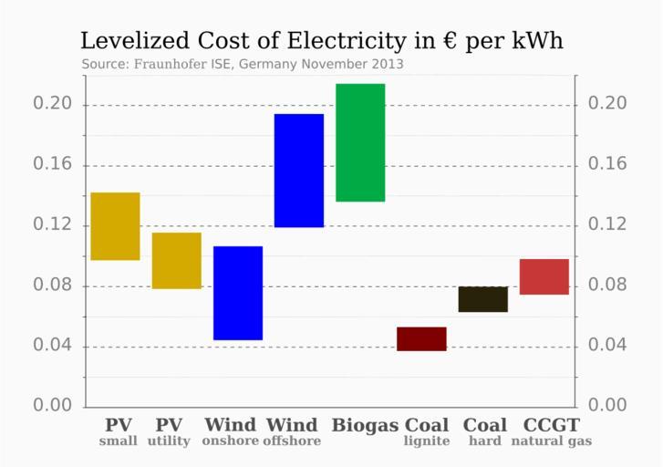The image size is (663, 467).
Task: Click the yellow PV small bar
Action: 115,226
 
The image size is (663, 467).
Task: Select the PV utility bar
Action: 176,261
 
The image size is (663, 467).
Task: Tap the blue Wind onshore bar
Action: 238,293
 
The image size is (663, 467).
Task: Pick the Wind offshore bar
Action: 299,171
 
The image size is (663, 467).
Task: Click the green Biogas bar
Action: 360,142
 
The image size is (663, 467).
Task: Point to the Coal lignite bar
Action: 421,338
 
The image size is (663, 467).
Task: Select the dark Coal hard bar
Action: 482,299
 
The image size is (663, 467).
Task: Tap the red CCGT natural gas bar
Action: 544,276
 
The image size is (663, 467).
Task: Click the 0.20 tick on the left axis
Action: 53,104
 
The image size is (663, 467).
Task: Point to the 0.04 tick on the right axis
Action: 607,346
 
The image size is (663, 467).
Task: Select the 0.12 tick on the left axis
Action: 53,225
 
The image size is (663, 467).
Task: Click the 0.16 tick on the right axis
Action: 607,164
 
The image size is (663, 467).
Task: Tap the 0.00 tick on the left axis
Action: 53,406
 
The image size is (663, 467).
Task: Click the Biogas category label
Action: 365,426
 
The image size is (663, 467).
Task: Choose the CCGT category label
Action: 551,426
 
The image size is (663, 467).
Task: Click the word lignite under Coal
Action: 427,441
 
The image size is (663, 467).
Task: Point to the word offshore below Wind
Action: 292,441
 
